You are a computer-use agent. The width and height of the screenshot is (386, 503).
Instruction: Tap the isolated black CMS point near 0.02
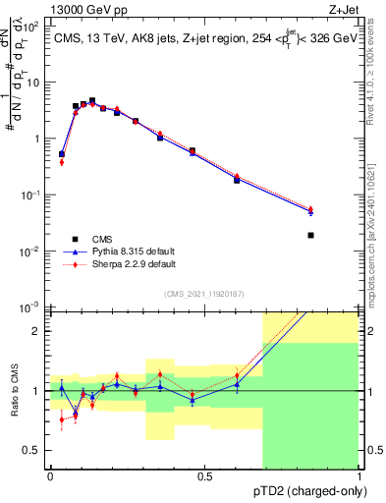click(339, 235)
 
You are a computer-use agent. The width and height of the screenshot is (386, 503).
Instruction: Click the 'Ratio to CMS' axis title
click(15, 391)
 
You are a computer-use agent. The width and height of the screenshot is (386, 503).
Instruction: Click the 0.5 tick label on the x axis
click(204, 476)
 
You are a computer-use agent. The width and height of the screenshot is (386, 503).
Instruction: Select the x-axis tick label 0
click(50, 476)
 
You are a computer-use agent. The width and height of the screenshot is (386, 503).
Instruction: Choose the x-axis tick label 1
click(358, 476)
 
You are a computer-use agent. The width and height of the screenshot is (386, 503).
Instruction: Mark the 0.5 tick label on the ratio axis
click(34, 450)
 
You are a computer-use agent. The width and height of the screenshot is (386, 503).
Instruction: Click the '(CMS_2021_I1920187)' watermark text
click(203, 294)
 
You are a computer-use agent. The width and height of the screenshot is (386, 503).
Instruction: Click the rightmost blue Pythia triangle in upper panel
click(339, 211)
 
